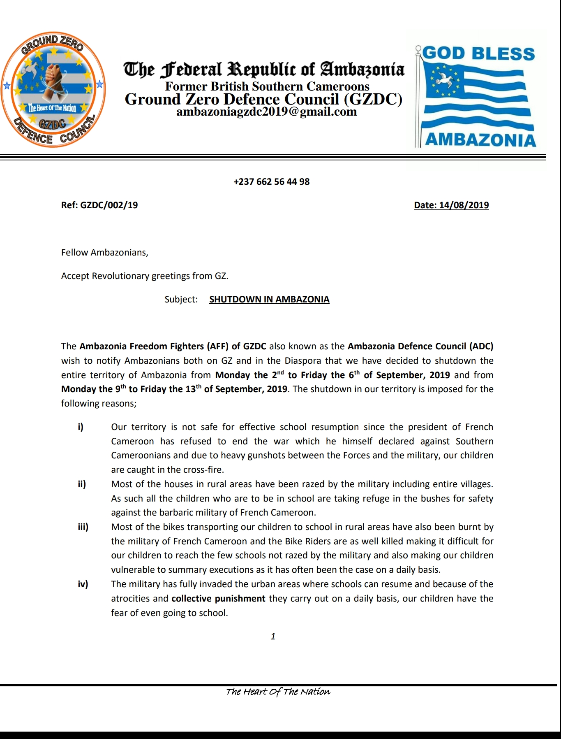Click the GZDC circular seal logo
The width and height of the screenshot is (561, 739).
click(53, 89)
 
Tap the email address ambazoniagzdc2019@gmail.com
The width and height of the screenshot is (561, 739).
click(266, 112)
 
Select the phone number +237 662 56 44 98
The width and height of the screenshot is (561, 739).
click(271, 182)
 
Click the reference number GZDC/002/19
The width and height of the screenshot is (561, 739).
click(109, 205)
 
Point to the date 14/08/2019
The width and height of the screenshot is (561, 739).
click(464, 205)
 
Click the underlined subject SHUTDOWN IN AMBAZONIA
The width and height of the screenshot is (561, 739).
click(269, 300)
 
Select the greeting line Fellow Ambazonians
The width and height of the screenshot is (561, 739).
click(104, 253)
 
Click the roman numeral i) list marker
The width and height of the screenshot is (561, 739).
click(81, 427)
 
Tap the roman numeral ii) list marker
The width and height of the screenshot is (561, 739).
click(82, 484)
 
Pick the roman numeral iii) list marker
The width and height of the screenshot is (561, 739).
click(83, 527)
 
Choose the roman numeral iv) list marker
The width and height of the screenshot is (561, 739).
click(83, 584)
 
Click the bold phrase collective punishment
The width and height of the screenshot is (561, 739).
click(218, 599)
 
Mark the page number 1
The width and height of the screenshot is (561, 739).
click(273, 637)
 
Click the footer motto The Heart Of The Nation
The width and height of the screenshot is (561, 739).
click(278, 692)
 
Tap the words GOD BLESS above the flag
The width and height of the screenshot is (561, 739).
click(478, 53)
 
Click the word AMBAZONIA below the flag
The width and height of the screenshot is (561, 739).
click(480, 140)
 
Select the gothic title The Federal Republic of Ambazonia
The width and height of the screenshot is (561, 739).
click(264, 69)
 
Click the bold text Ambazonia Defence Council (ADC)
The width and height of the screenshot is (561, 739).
click(420, 346)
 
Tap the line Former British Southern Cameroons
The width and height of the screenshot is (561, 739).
click(267, 86)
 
